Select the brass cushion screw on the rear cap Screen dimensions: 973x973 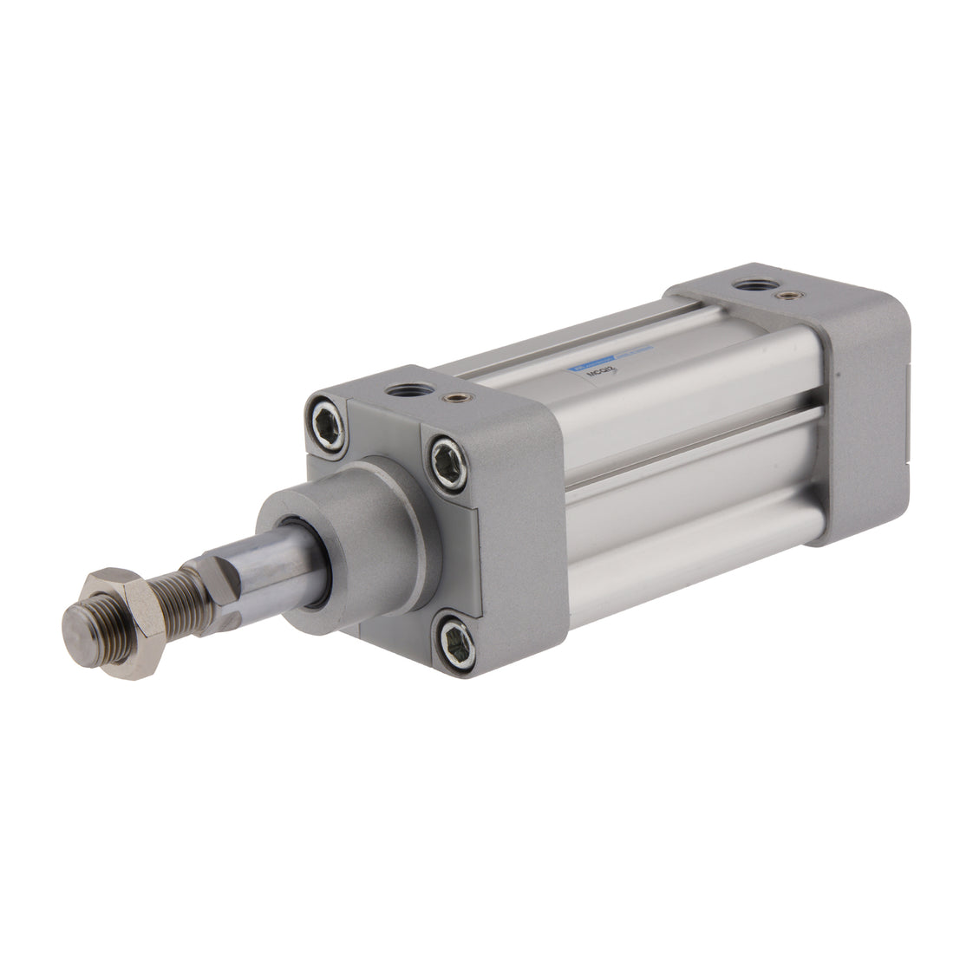[787, 296]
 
